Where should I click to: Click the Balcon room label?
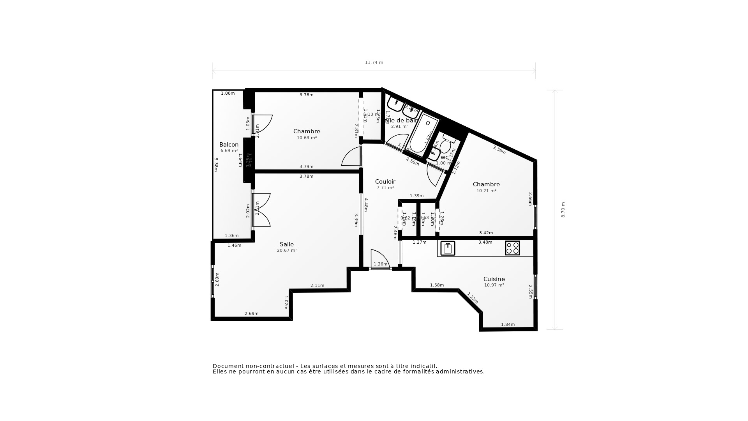pos(229,145)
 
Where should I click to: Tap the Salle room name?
pos(286,244)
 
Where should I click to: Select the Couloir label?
pos(385,182)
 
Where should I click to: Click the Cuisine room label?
pos(494,279)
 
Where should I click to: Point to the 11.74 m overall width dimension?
pos(374,62)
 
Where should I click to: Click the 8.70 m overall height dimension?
pos(563,210)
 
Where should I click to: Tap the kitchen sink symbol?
pos(448,248)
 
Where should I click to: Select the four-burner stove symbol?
pos(512,248)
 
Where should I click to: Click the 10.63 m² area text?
pos(307,138)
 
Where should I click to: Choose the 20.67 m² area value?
pos(287,251)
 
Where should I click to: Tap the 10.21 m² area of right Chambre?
pos(486,191)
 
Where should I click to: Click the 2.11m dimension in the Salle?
pos(317,285)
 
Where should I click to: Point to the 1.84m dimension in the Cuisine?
pos(508,324)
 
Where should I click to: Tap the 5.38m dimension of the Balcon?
pos(216,164)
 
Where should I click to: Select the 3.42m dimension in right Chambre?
pos(486,233)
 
